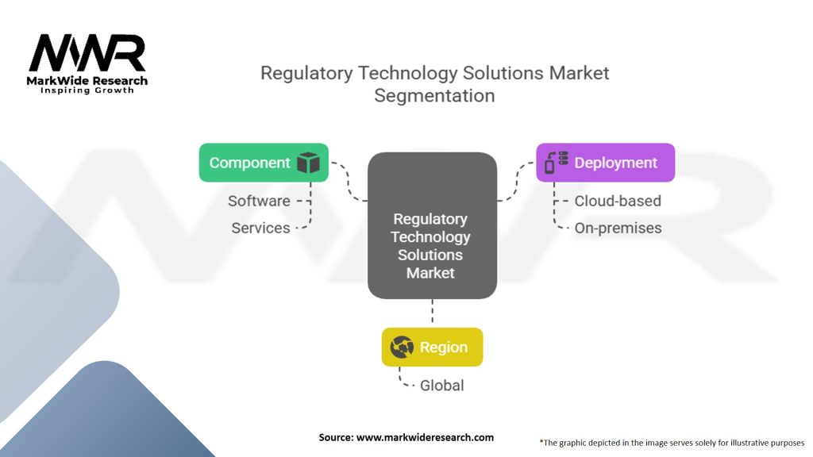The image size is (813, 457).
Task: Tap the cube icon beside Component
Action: pyautogui.click(x=308, y=163)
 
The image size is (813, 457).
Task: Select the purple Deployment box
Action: pyautogui.click(x=605, y=163)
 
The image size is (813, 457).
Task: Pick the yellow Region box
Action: pyautogui.click(x=432, y=347)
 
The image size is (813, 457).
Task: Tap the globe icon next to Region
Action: pyautogui.click(x=402, y=347)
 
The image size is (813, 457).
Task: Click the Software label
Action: pyautogui.click(x=259, y=201)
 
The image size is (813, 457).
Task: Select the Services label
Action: pyautogui.click(x=260, y=228)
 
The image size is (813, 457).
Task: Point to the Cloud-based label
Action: pyautogui.click(x=617, y=201)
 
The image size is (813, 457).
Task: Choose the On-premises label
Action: pyautogui.click(x=618, y=228)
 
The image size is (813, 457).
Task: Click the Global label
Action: pyautogui.click(x=441, y=386)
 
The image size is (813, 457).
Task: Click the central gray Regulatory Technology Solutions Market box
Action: pyautogui.click(x=432, y=226)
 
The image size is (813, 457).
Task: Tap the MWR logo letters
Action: pyautogui.click(x=87, y=54)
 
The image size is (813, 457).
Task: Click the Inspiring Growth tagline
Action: pyautogui.click(x=87, y=90)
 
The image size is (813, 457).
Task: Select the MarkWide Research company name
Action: pyautogui.click(x=87, y=80)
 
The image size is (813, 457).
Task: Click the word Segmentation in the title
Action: pyautogui.click(x=434, y=96)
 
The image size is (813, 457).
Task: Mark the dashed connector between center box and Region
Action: pyautogui.click(x=432, y=313)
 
